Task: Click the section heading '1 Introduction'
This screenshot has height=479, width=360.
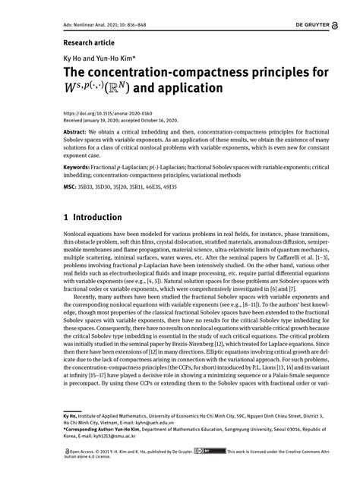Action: click(x=92, y=217)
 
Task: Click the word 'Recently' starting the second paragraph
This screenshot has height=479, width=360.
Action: click(x=75, y=298)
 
